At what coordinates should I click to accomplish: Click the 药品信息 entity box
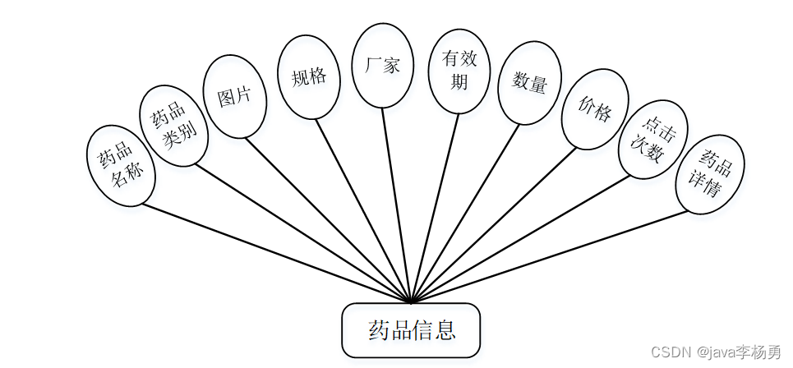(x=411, y=330)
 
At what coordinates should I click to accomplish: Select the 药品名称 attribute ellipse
(x=121, y=165)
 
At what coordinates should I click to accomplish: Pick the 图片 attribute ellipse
(x=235, y=95)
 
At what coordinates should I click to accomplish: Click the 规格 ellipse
(x=309, y=76)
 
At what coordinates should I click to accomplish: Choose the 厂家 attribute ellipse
(x=382, y=65)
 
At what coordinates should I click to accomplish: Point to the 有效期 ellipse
(x=461, y=71)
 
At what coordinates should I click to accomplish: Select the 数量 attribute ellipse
(x=530, y=82)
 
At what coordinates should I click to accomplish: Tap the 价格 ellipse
(x=595, y=109)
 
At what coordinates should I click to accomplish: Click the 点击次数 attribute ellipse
(x=652, y=140)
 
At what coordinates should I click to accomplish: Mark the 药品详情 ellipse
(x=710, y=175)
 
